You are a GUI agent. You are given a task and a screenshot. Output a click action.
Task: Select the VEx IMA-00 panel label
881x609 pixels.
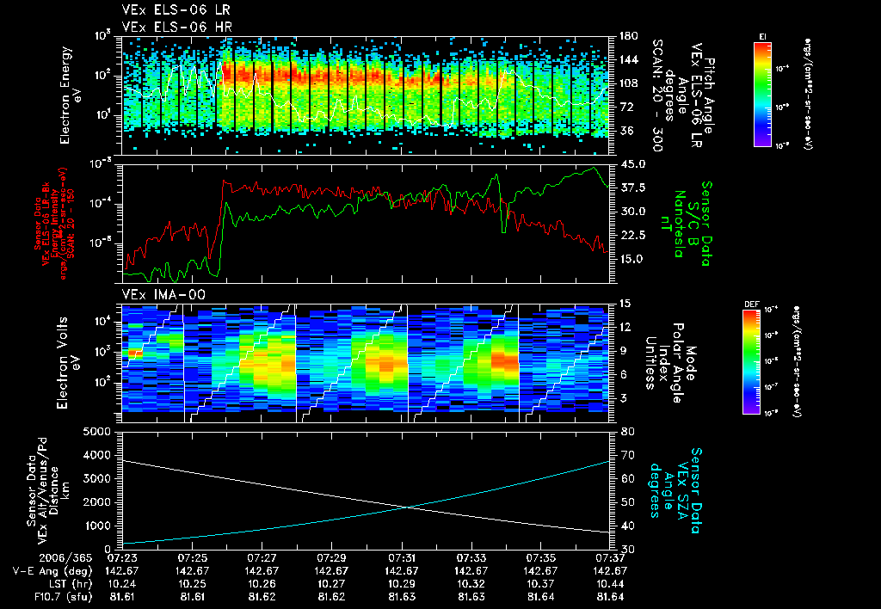157,295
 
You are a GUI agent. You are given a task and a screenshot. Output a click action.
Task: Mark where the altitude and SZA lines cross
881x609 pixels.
405,507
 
